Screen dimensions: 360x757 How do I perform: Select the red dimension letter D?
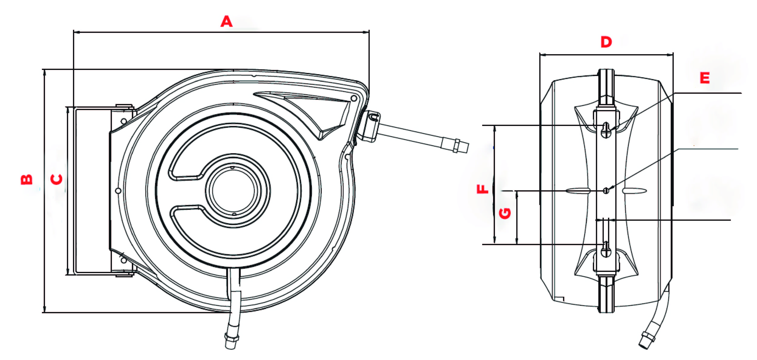pos(606,42)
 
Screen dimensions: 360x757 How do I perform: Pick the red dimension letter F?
pos(482,189)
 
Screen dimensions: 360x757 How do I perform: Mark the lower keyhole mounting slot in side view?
pos(606,249)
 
